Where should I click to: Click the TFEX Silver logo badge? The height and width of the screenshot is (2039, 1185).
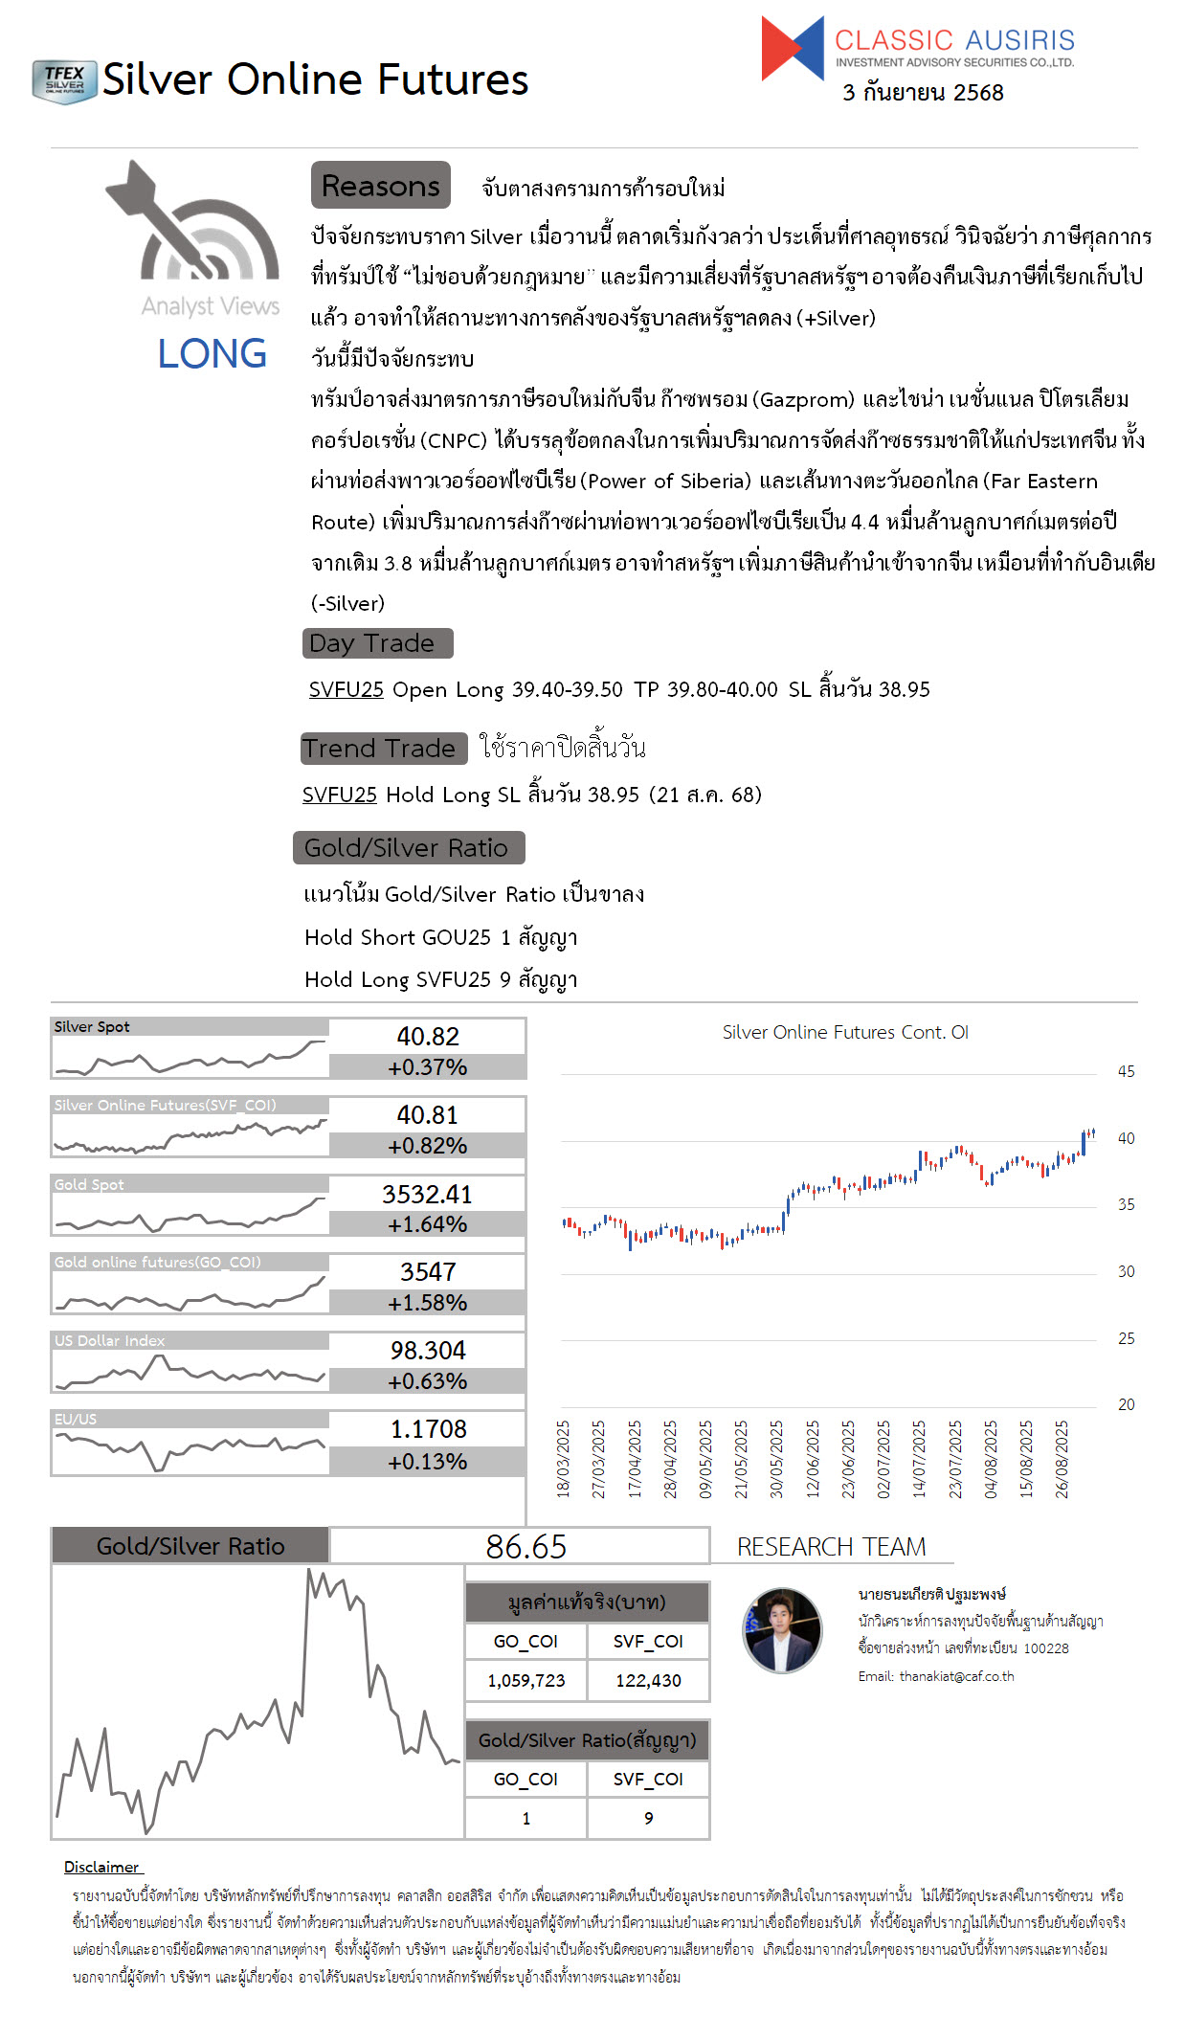click(x=64, y=81)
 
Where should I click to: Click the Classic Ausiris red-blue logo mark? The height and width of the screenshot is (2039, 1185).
click(x=792, y=48)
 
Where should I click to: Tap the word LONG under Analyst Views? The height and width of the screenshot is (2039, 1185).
click(x=212, y=354)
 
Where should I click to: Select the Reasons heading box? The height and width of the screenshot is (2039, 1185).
click(x=380, y=186)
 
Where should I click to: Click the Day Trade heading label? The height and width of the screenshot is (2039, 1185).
click(x=376, y=643)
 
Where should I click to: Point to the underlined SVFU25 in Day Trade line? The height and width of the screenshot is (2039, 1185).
click(x=346, y=690)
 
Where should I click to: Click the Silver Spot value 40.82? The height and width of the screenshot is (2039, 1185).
click(x=428, y=1037)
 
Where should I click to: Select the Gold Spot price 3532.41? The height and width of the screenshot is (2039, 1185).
click(x=427, y=1195)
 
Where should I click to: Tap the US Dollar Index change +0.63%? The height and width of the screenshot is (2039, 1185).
click(x=427, y=1381)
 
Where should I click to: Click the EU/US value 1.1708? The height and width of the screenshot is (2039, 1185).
click(x=428, y=1429)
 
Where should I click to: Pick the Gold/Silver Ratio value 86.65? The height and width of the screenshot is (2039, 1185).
click(x=525, y=1547)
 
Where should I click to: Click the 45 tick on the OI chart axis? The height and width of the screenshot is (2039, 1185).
click(x=1126, y=1072)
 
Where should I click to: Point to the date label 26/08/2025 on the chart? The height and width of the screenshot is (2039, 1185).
click(x=1062, y=1459)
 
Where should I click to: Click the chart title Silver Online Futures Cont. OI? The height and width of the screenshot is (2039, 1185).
click(x=845, y=1033)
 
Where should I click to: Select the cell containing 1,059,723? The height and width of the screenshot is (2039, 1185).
click(x=525, y=1681)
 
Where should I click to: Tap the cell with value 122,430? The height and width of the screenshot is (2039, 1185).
click(x=648, y=1681)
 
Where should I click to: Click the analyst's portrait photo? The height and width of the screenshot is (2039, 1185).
click(x=782, y=1630)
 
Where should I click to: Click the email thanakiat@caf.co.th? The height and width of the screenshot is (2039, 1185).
click(x=956, y=1676)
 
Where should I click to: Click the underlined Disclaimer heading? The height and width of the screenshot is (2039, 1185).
click(x=101, y=1867)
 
